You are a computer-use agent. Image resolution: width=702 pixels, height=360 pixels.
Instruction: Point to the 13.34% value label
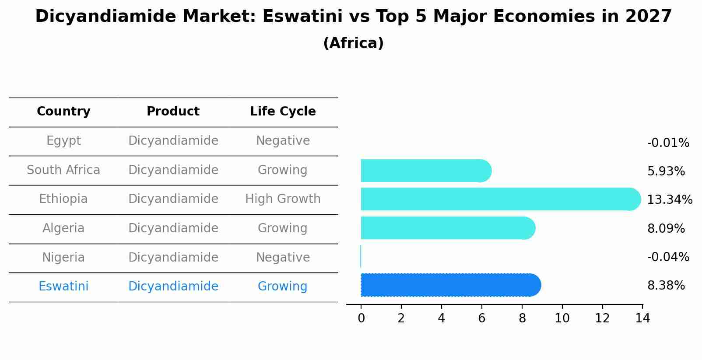669,200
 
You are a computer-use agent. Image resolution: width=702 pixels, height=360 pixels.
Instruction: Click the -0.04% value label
668,257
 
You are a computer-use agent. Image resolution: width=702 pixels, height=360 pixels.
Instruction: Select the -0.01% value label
668,143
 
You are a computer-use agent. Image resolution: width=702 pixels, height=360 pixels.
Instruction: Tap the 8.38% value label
666,286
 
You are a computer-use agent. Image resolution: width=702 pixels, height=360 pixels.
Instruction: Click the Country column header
63,112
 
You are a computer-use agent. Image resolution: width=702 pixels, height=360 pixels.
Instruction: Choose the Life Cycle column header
283,112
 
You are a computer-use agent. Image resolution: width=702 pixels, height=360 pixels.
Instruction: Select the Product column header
173,112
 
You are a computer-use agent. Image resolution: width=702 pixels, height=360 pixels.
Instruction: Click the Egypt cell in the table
63,141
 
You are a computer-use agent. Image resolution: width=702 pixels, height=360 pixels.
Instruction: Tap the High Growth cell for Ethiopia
283,199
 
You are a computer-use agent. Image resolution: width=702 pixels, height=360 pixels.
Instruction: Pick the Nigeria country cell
63,257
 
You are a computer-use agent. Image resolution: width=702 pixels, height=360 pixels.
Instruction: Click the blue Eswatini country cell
63,287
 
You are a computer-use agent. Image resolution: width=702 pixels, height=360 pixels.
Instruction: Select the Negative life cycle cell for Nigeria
283,257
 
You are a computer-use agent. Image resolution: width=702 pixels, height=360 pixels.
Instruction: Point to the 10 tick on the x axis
562,318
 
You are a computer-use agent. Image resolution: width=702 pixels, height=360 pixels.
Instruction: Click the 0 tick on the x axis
361,318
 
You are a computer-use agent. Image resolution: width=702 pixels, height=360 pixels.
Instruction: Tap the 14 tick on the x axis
642,318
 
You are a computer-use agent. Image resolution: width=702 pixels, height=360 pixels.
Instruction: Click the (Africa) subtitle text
353,43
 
